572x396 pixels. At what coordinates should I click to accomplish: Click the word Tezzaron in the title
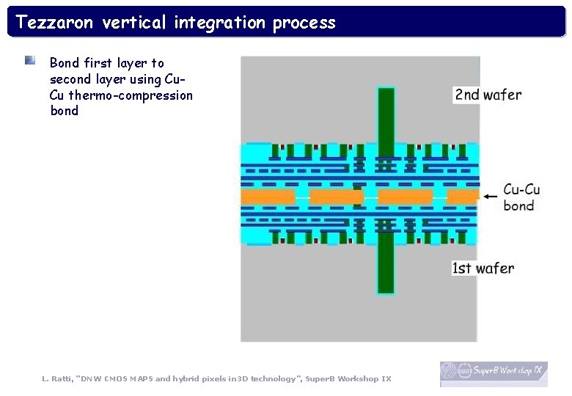55,23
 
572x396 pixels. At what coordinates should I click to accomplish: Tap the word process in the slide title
304,23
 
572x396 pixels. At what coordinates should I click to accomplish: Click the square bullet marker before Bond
29,60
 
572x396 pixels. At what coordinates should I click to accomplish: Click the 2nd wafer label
488,95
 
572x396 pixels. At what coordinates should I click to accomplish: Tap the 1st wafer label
483,268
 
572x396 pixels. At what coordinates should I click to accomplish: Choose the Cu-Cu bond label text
521,197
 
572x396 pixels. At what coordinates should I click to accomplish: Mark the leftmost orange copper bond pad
268,197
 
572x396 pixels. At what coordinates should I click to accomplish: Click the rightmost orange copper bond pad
462,197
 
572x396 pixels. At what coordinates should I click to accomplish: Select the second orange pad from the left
336,197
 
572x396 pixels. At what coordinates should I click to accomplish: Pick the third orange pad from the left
405,197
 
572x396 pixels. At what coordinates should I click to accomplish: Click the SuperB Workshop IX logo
494,373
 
